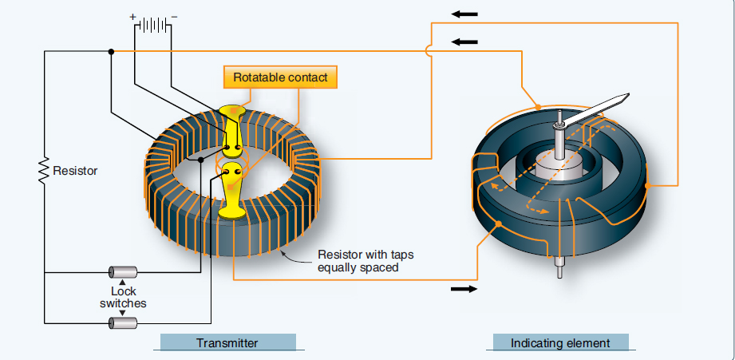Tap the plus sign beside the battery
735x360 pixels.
point(132,15)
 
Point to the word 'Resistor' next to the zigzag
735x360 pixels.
point(74,171)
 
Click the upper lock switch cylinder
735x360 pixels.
point(122,272)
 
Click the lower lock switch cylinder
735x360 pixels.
point(122,322)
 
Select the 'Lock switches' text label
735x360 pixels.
point(122,298)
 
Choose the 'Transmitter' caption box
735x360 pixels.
point(227,343)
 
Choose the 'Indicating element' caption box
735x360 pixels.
point(560,343)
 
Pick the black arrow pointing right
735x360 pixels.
point(462,288)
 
